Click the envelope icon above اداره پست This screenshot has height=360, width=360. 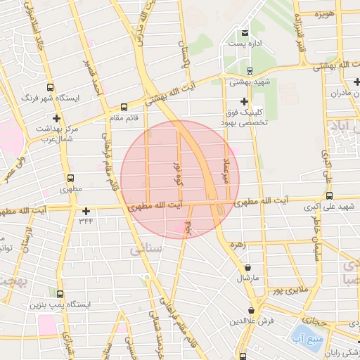tap(245, 33)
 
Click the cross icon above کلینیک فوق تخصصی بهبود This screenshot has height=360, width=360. tap(244, 101)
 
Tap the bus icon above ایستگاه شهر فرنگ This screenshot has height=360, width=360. tap(50, 88)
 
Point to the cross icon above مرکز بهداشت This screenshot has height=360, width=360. tap(56, 119)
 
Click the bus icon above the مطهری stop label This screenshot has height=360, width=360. tap(70, 179)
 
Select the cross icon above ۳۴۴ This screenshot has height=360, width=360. tap(86, 211)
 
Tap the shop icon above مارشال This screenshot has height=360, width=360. tap(248, 267)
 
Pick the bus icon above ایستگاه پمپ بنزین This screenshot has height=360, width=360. tap(60, 294)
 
